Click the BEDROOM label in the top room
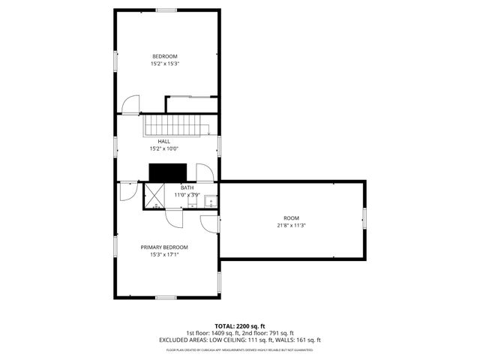pyautogui.click(x=165, y=57)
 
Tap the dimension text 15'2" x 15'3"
pyautogui.click(x=165, y=64)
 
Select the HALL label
pyautogui.click(x=163, y=141)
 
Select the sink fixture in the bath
pyautogui.click(x=211, y=201)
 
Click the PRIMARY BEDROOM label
pyautogui.click(x=164, y=247)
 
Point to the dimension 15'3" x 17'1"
pyautogui.click(x=164, y=254)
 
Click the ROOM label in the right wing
pyautogui.click(x=291, y=218)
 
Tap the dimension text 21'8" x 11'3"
pyautogui.click(x=291, y=226)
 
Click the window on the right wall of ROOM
pyautogui.click(x=364, y=218)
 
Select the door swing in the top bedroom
pyautogui.click(x=131, y=105)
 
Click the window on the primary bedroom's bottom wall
pyautogui.click(x=166, y=298)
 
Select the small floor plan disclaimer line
pyautogui.click(x=239, y=349)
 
